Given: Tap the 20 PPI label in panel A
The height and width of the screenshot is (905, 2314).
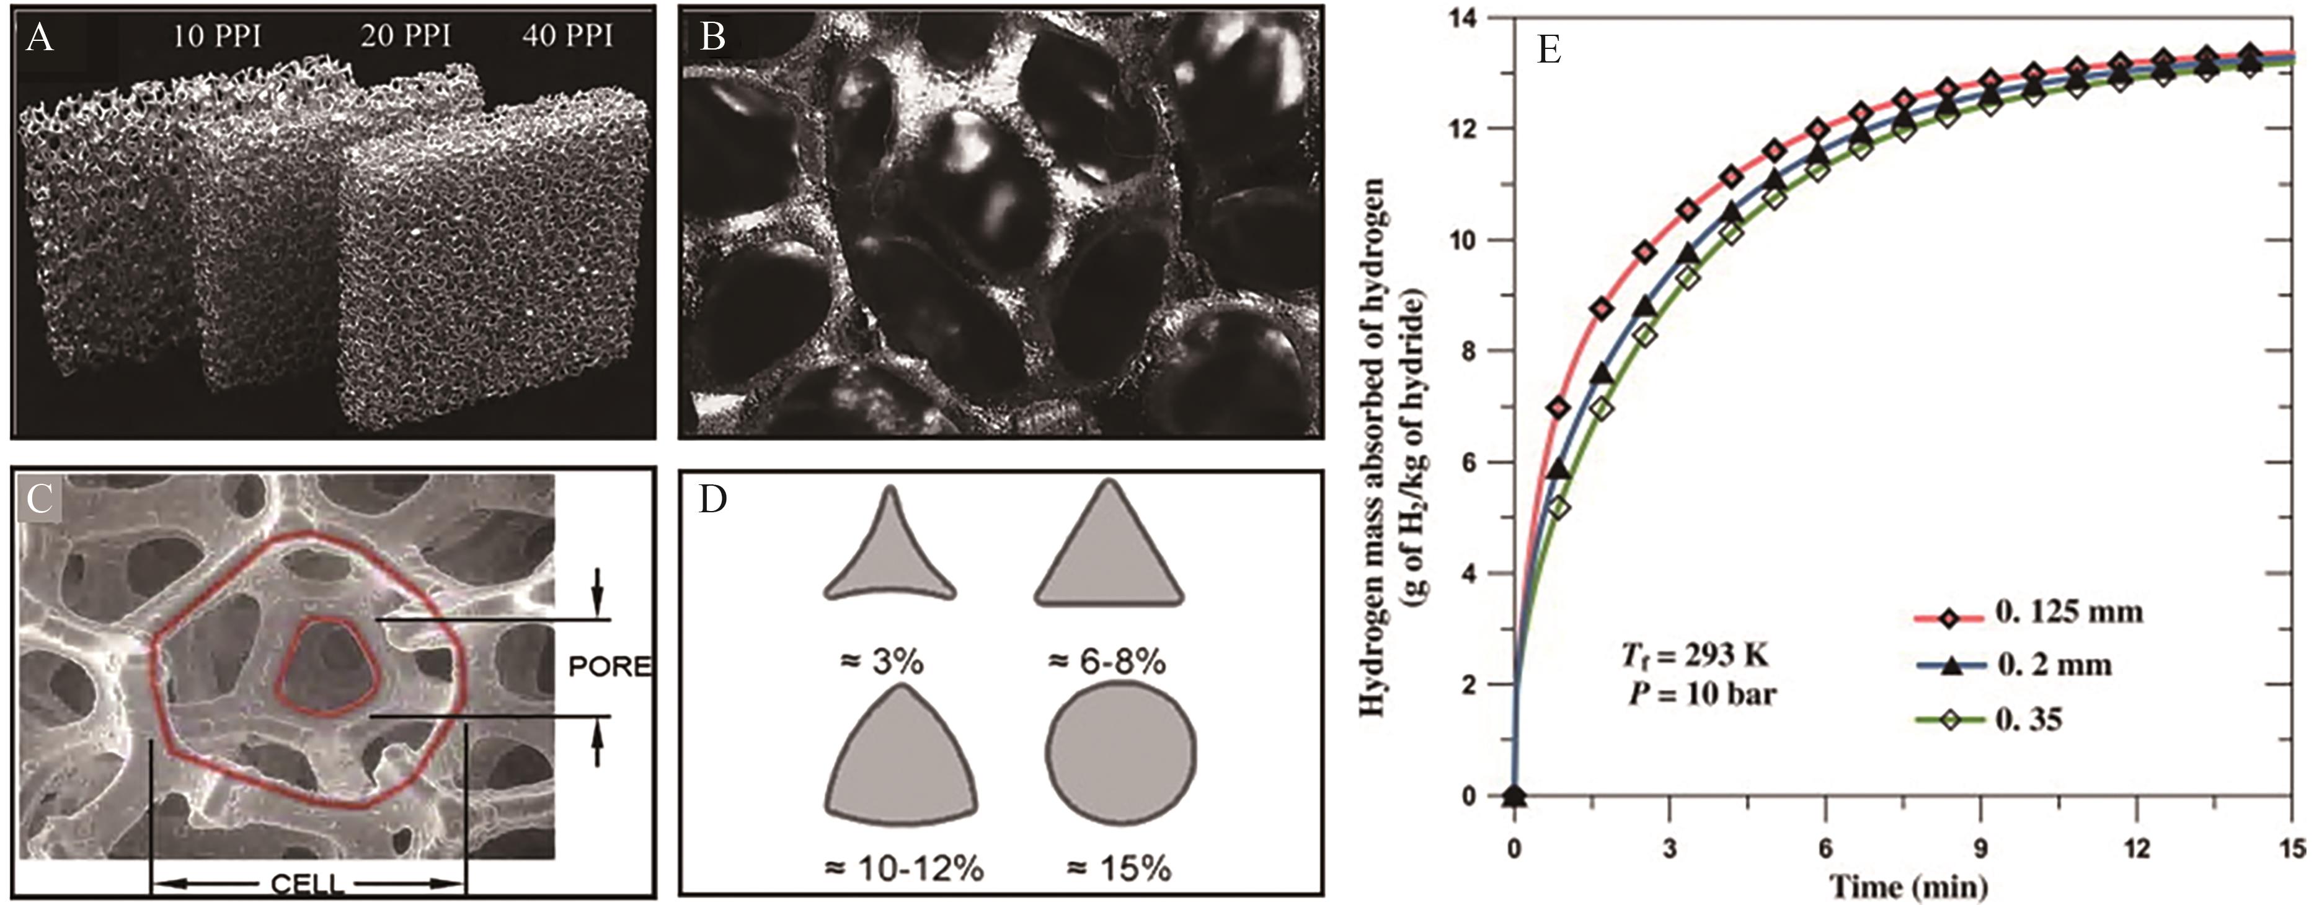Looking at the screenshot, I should coord(406,36).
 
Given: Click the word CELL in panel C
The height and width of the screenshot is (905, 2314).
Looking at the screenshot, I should coord(307,885).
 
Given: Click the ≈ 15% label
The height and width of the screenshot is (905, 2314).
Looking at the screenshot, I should coord(1119,869).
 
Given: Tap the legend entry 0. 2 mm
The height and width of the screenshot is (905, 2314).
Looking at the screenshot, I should coord(2054,665).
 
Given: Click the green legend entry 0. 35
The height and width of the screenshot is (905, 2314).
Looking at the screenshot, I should coord(2028,720).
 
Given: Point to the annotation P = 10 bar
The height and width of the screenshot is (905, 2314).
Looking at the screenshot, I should coord(1702,693).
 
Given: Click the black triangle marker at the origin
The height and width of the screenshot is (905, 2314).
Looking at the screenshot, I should coord(1515,795).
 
